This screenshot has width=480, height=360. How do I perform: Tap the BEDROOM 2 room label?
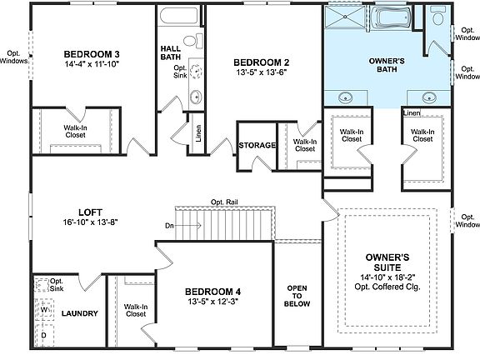pyautogui.click(x=261, y=62)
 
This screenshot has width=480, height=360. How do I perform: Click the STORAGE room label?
pyautogui.click(x=257, y=145)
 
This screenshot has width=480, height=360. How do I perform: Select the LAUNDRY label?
pyautogui.click(x=80, y=314)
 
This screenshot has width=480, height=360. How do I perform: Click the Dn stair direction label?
pyautogui.click(x=169, y=225)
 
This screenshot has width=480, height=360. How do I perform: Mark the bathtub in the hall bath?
pyautogui.click(x=176, y=18)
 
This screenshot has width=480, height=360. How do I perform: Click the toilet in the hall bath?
pyautogui.click(x=189, y=41)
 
